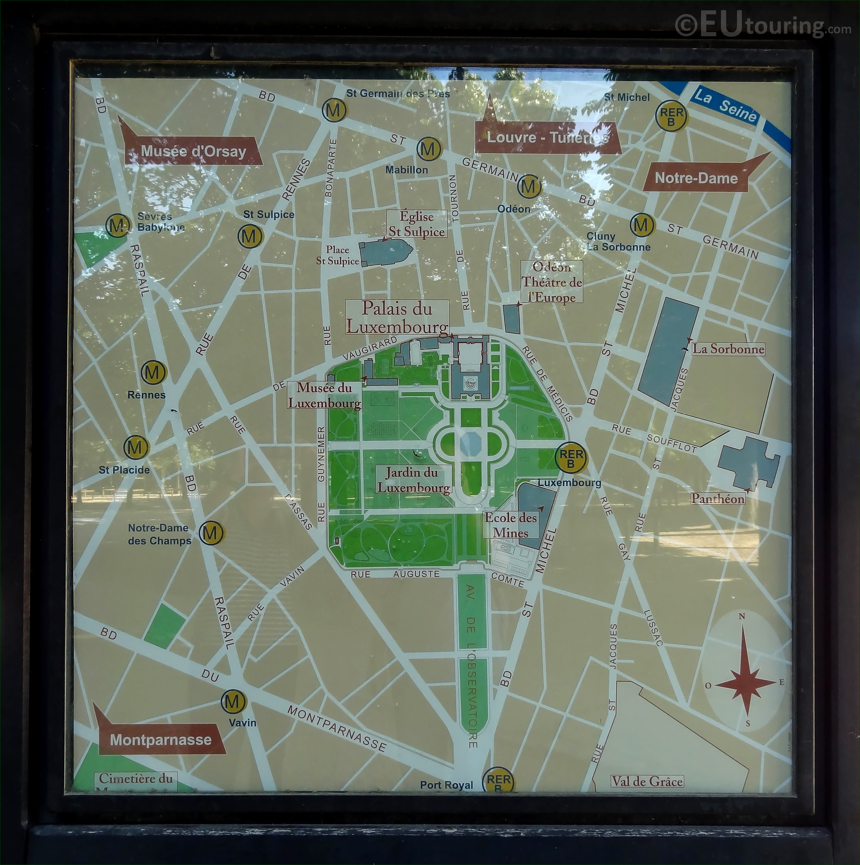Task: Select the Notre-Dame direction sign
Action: tap(696, 178)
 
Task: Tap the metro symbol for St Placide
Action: tap(136, 447)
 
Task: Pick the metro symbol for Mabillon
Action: tap(429, 149)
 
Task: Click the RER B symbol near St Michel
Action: tap(671, 116)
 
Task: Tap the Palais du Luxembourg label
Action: tap(397, 317)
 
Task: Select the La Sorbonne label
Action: tap(728, 349)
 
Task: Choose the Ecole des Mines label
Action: tap(510, 525)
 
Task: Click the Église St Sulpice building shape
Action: tap(385, 253)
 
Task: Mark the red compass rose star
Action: tap(746, 684)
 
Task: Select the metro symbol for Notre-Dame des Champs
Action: tap(211, 533)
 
